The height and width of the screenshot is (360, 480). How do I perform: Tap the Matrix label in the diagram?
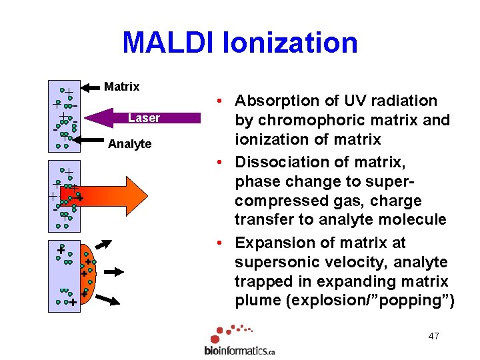(122, 87)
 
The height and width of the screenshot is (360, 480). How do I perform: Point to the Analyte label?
(129, 144)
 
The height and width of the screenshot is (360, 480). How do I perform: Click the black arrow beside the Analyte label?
(90, 140)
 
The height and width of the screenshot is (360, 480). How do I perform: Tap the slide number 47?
(433, 336)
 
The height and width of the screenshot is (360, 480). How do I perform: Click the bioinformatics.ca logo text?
(239, 350)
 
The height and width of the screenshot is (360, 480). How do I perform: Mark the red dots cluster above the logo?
(230, 332)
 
